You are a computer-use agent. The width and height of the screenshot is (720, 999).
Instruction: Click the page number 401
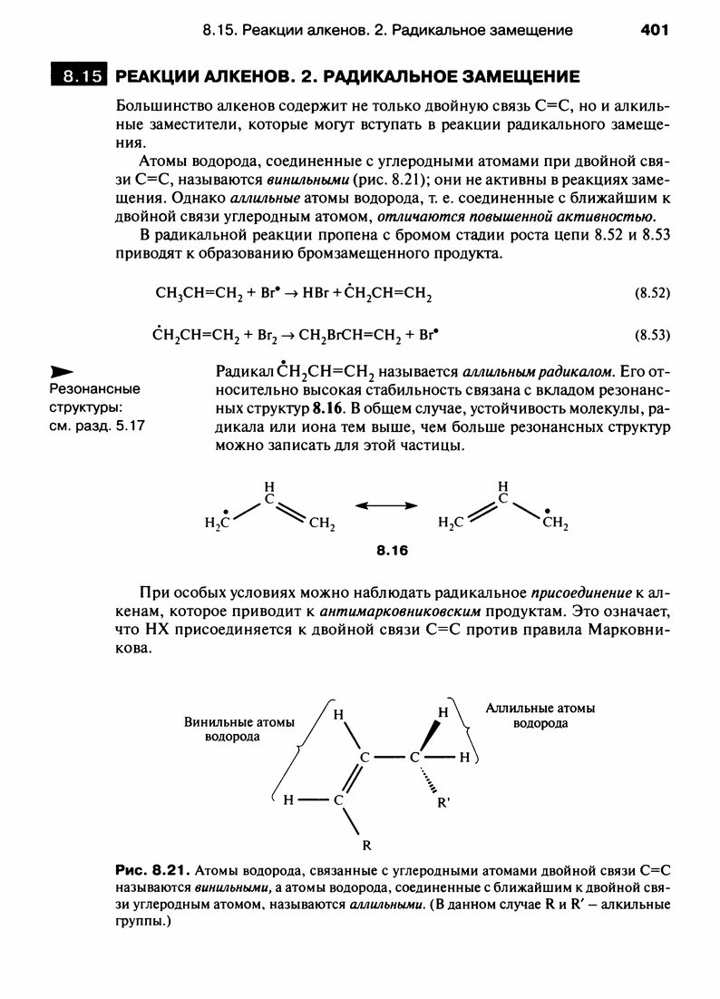pos(654,30)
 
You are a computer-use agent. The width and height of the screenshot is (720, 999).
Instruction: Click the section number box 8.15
pos(79,75)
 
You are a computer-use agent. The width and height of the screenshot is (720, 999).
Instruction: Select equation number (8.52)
pos(649,293)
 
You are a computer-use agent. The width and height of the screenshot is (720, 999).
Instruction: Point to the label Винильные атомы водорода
pos(239,729)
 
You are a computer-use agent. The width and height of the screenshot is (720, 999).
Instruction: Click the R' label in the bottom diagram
pos(443,803)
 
